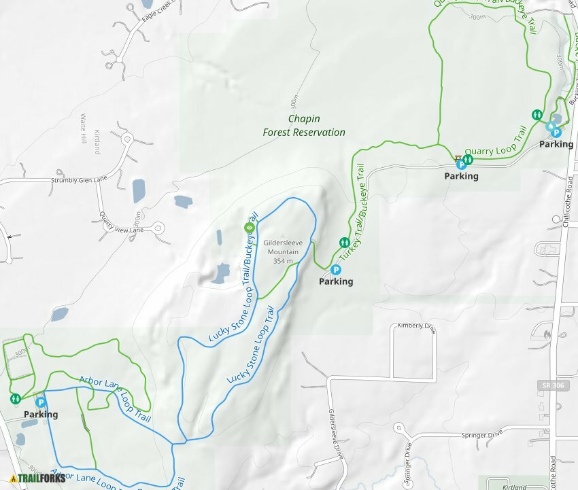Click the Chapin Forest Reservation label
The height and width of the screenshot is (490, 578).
[304, 125]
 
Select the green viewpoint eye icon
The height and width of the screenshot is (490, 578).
[248, 227]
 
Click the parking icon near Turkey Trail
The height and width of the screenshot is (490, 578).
[335, 270]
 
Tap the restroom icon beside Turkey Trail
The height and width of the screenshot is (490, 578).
[344, 243]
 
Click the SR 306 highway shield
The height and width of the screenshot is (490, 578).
[551, 385]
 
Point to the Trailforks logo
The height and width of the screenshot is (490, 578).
[38, 478]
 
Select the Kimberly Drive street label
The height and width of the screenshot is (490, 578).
[415, 326]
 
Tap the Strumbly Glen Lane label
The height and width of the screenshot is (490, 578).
[79, 179]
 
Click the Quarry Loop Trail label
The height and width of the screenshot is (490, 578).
[496, 141]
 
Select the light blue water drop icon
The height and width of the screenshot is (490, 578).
[549, 126]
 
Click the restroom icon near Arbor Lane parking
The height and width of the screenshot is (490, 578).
[15, 398]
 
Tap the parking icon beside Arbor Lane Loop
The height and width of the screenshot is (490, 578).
[40, 402]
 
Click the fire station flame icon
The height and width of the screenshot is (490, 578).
[549, 333]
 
